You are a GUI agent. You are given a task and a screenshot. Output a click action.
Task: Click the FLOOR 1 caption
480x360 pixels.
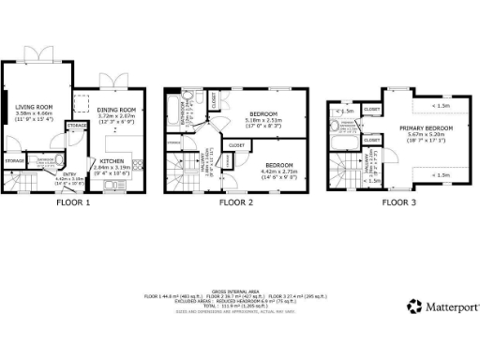[72, 202]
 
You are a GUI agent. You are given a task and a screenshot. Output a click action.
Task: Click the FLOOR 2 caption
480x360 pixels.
[236, 202]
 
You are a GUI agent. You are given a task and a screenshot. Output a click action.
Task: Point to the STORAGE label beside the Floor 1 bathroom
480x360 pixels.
[14, 161]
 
